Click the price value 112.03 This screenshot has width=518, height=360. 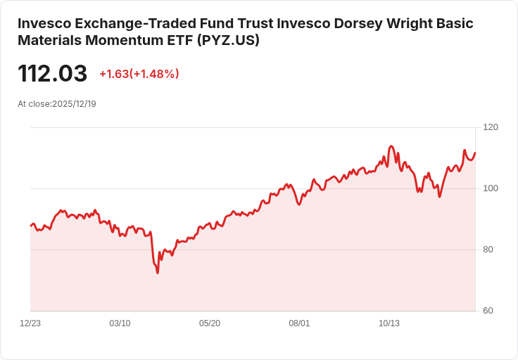pos(53,74)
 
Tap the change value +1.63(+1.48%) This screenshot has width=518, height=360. pos(139,74)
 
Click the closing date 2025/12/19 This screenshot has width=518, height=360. pos(74,103)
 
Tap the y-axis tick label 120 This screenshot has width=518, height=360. pos(491,127)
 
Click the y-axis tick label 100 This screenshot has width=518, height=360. pos(491,188)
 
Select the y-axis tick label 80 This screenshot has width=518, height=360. pos(488,250)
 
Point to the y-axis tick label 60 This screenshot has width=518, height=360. pos(488,311)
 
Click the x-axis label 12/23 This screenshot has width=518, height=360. pos(30,323)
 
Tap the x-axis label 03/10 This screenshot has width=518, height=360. pos(120,323)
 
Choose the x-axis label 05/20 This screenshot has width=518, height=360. pos(210,323)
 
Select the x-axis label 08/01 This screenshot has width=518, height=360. pos(299,323)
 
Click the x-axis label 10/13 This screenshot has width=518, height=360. pos(389,323)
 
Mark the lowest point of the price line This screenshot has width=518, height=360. pos(158,273)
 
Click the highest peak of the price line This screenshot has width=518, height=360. pos(391,146)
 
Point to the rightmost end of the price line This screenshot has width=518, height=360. pos(475,153)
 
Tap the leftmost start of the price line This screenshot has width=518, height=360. pos(30,226)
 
